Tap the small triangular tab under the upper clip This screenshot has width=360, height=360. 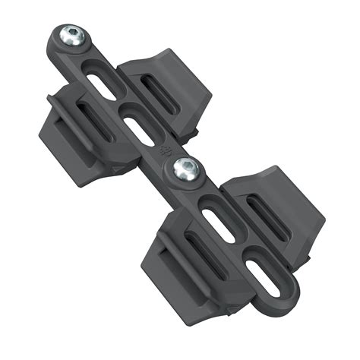(114, 169)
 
